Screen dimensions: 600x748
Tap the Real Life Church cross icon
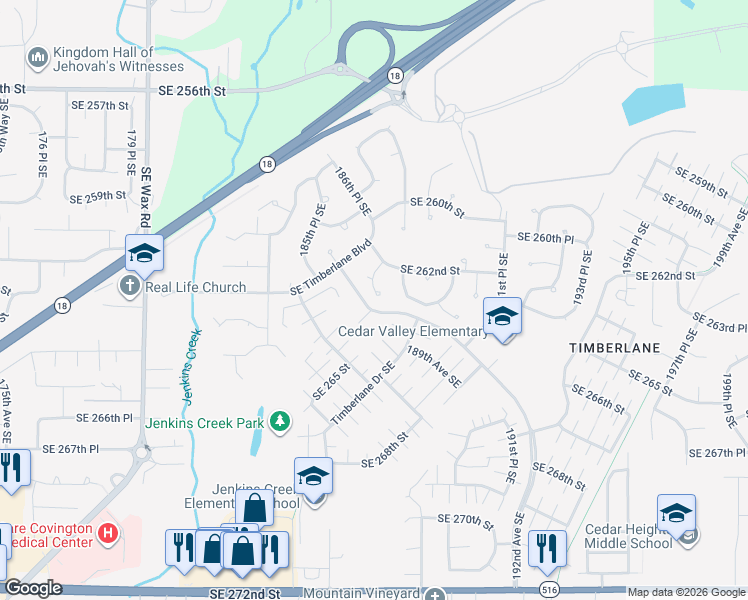click(129, 287)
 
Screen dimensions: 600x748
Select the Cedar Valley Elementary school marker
click(501, 317)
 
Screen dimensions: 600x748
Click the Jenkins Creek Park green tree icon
click(281, 423)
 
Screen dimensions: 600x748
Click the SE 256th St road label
click(193, 90)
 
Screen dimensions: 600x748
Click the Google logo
click(32, 588)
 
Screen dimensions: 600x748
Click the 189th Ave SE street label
click(433, 366)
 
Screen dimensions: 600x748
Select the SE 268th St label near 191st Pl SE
click(559, 475)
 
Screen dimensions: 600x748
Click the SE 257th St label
click(101, 105)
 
